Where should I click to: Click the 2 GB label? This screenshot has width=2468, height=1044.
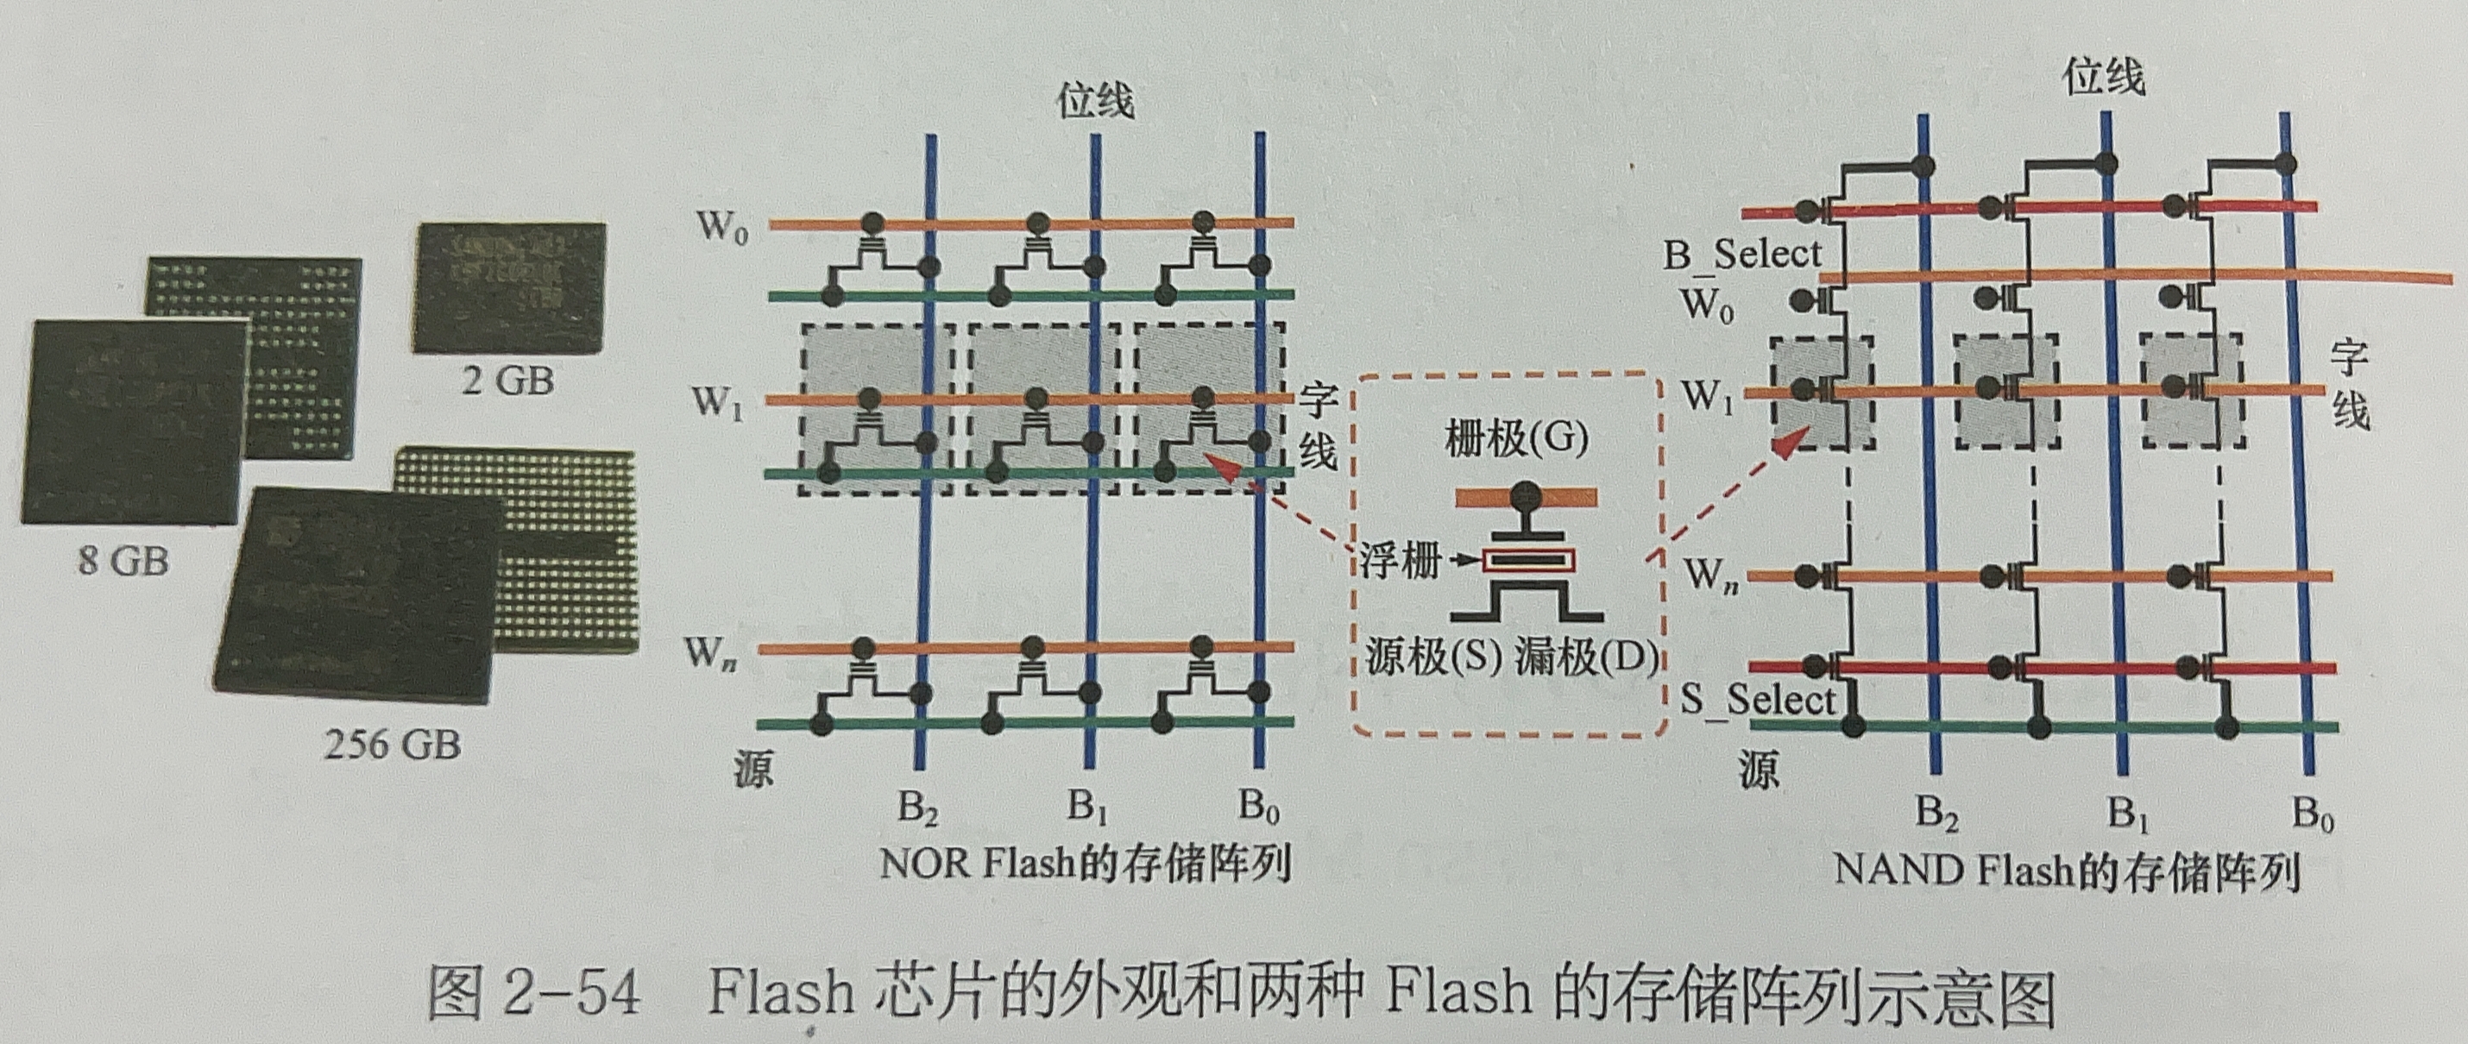pos(507,380)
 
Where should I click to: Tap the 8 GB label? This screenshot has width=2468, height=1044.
pos(123,559)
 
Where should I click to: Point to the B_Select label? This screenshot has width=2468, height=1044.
pos(1741,255)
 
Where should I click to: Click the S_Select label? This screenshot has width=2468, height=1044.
pos(1757,699)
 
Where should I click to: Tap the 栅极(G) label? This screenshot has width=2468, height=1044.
pos(1515,438)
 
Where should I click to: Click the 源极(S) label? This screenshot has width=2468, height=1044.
pos(1432,659)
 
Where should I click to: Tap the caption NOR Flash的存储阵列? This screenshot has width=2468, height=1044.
pos(1086,864)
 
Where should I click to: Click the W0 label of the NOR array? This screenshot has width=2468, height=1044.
pos(721,227)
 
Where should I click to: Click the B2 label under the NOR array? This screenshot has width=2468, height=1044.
pos(918,809)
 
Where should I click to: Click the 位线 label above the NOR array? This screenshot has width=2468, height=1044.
pos(1096,102)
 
